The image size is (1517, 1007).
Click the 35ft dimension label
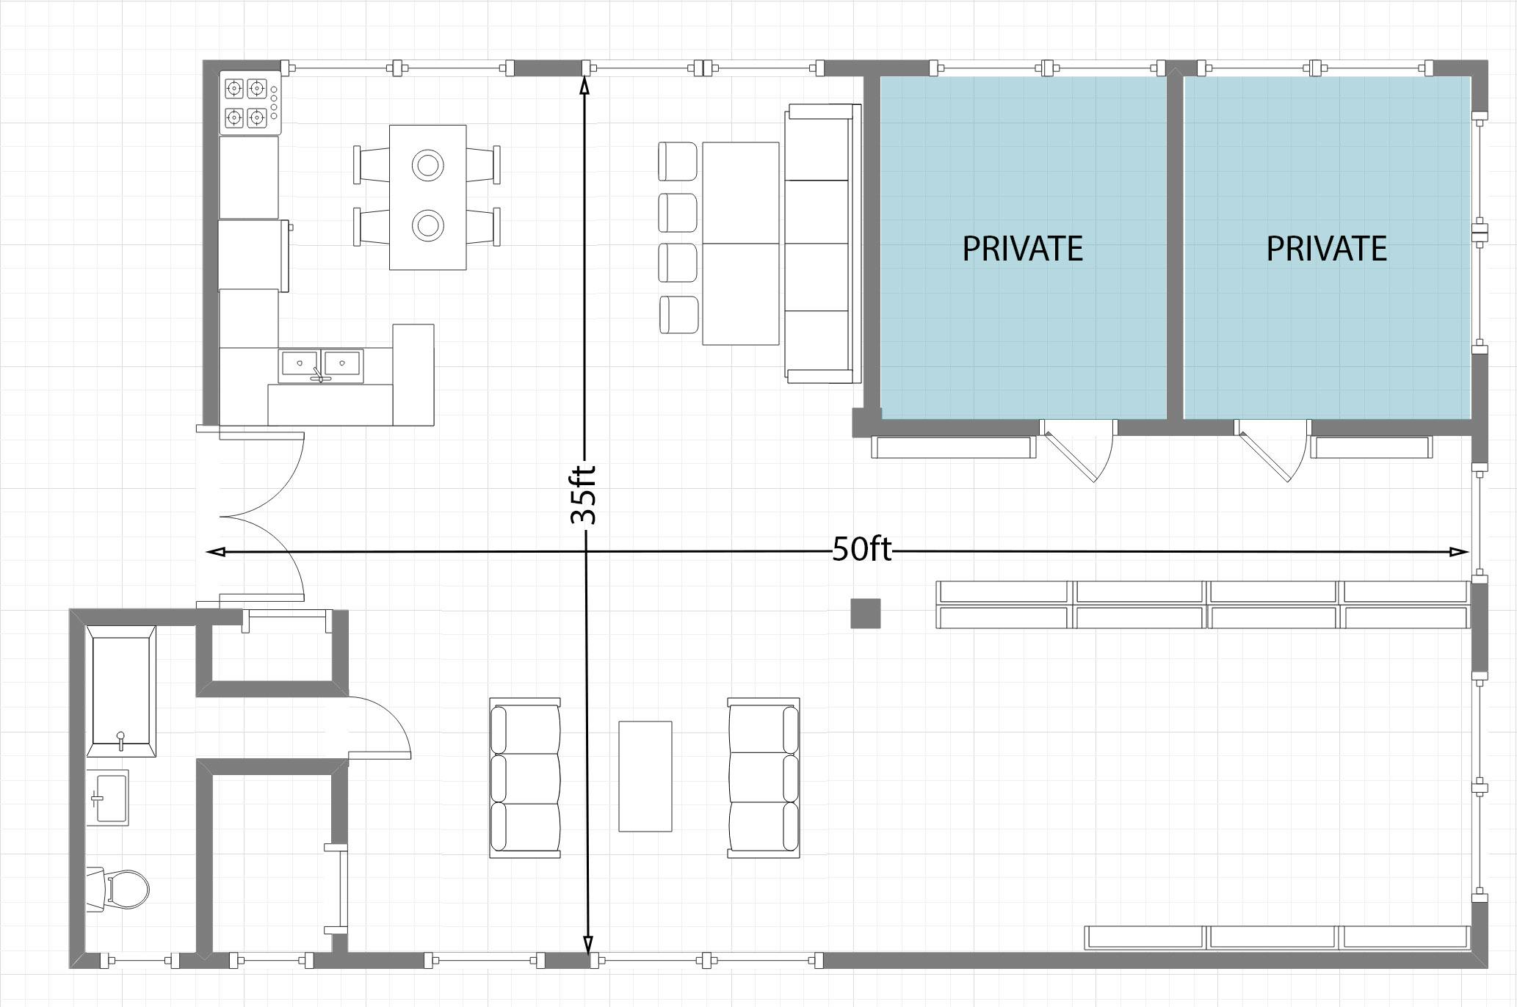(584, 495)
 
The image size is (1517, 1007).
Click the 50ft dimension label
(861, 549)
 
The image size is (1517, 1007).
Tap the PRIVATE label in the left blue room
(1022, 249)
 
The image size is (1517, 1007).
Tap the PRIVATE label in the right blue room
(1326, 249)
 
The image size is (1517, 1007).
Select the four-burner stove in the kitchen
(250, 103)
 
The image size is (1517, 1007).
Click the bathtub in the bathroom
(121, 691)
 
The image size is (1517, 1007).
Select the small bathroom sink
(107, 798)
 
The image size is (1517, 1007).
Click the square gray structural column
(866, 614)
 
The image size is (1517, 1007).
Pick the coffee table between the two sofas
(645, 777)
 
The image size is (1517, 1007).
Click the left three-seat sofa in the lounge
(525, 778)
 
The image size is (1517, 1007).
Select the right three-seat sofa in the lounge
(764, 778)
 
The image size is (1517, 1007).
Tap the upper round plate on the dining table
(428, 165)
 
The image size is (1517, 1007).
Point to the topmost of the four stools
(678, 161)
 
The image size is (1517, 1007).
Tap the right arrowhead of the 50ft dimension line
(1460, 552)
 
